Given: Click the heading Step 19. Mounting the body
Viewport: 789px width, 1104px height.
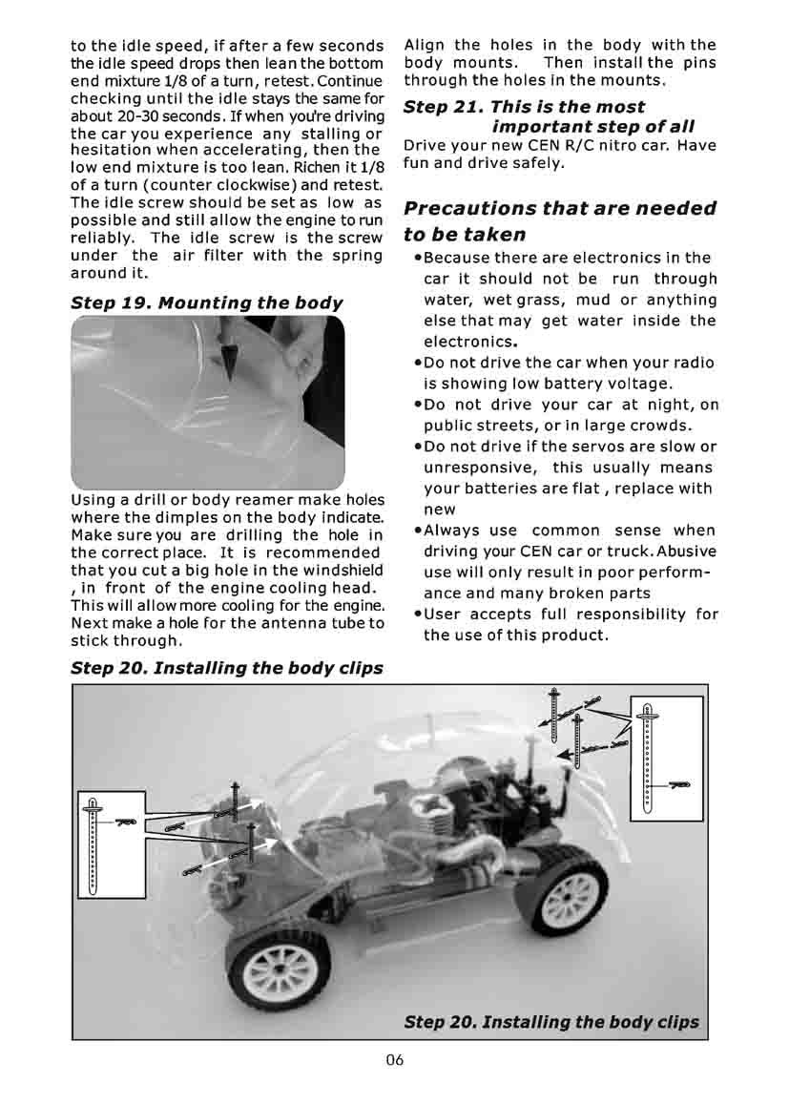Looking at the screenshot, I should pos(207,303).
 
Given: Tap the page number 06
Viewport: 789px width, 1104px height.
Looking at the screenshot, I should pos(395,1062).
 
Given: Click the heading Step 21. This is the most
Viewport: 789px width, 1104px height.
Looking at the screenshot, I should pos(524,107).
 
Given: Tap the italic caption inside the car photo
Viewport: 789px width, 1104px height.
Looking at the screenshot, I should pos(551,1021).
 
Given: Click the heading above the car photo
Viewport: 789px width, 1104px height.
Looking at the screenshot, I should pos(227,668).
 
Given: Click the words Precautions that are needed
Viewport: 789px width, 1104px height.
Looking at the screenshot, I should pos(559,209).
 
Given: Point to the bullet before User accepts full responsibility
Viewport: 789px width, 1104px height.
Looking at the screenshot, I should pos(418,614).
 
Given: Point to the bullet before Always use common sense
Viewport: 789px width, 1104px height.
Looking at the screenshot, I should pos(418,531).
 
